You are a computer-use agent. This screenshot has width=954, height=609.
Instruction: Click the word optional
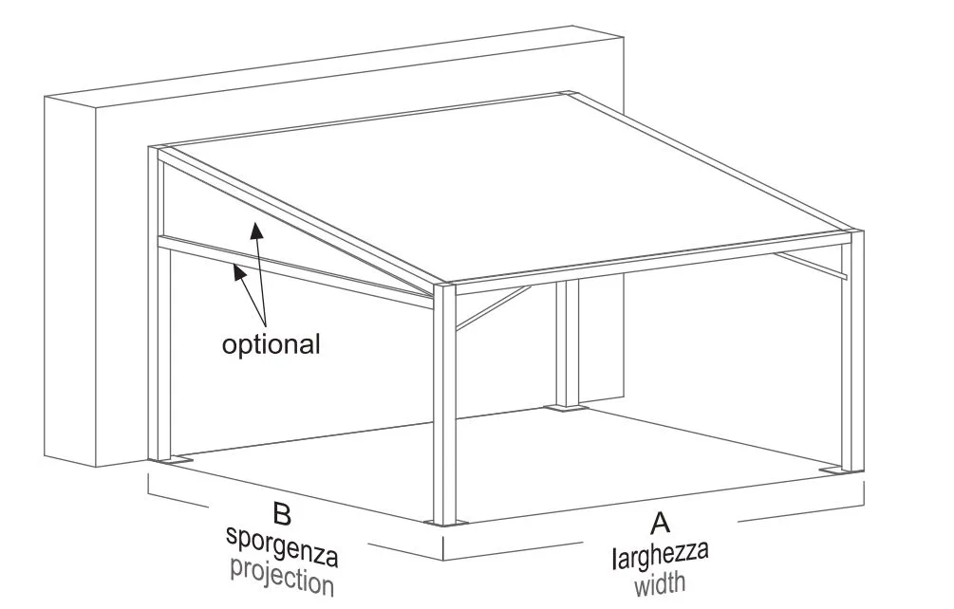pos(271,343)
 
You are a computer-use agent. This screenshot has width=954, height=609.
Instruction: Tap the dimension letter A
pos(660,522)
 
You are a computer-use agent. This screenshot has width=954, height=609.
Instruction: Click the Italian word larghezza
pos(660,553)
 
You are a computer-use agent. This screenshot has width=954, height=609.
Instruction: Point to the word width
pos(660,582)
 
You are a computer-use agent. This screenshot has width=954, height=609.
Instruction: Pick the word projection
pos(282,575)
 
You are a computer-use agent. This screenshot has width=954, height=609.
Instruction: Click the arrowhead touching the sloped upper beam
pos(253,227)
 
